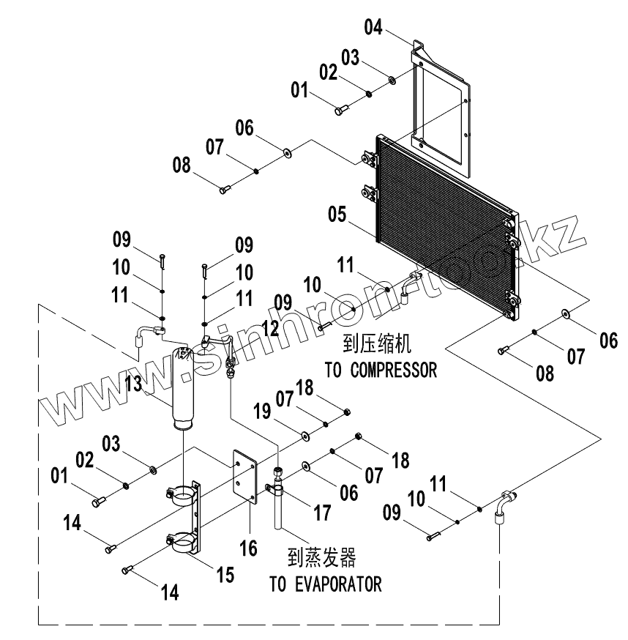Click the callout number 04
(x=373, y=28)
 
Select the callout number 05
(x=337, y=215)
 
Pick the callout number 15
(x=225, y=575)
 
